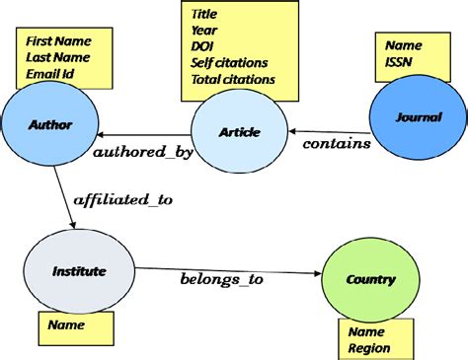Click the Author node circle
click(x=50, y=124)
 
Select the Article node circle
click(x=238, y=131)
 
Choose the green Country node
click(x=369, y=279)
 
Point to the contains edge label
click(x=337, y=144)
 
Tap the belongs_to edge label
click(x=221, y=280)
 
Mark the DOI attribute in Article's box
click(x=203, y=47)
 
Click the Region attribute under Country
click(x=368, y=347)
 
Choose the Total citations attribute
click(x=234, y=79)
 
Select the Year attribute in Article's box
click(x=204, y=31)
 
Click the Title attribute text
click(x=206, y=15)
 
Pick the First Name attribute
click(x=57, y=42)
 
